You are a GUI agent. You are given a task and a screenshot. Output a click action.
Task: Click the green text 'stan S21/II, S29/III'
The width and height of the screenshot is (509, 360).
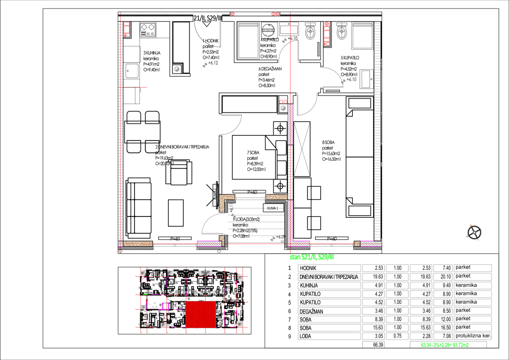tap(311, 257)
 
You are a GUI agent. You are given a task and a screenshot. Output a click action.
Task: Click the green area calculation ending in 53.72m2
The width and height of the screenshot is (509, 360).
tap(445, 345)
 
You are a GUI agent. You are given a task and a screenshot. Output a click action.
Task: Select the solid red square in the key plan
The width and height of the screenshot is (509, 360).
tap(201, 314)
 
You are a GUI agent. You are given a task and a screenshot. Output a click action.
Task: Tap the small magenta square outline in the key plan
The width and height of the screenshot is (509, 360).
tap(166, 306)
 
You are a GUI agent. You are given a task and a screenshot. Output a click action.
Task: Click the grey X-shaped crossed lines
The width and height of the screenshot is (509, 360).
tap(302, 149)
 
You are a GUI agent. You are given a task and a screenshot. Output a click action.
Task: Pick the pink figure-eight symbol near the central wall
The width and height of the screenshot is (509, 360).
tap(283, 101)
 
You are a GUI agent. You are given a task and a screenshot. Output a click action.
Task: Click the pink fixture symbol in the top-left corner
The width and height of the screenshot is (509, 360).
tap(126, 29)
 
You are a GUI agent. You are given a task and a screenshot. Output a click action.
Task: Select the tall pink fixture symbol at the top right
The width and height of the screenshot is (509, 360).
tap(327, 34)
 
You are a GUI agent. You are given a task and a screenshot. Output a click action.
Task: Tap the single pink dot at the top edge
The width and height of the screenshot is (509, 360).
tap(232, 14)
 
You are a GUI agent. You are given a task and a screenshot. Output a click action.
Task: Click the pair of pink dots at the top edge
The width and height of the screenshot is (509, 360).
tap(276, 14)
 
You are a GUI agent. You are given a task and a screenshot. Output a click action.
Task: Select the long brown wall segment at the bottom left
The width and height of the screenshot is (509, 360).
tap(138, 244)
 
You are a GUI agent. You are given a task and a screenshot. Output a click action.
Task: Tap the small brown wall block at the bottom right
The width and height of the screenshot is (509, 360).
tap(357, 244)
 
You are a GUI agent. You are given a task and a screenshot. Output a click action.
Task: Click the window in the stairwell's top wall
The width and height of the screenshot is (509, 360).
tap(250, 198)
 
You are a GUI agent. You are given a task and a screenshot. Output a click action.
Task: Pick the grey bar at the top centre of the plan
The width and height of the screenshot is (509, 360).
tap(248, 25)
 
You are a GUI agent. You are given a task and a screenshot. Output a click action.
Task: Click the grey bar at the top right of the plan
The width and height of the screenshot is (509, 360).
tap(362, 25)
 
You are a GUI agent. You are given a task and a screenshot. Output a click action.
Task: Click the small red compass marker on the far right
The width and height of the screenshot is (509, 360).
tap(471, 225)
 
